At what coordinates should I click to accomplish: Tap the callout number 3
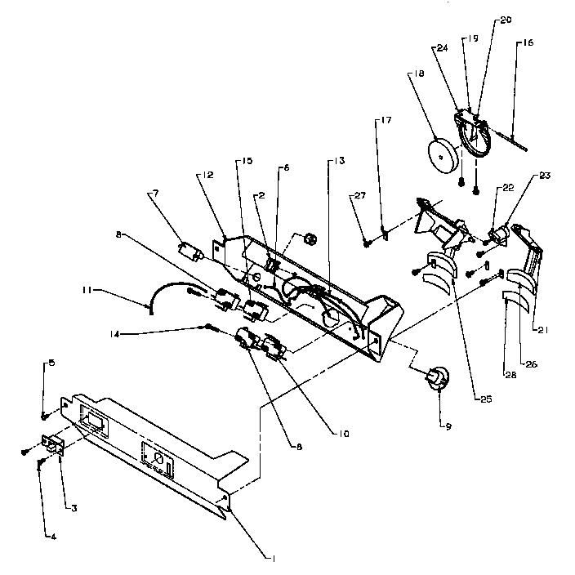pos(73,508)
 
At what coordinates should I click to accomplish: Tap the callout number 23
pos(542,174)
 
